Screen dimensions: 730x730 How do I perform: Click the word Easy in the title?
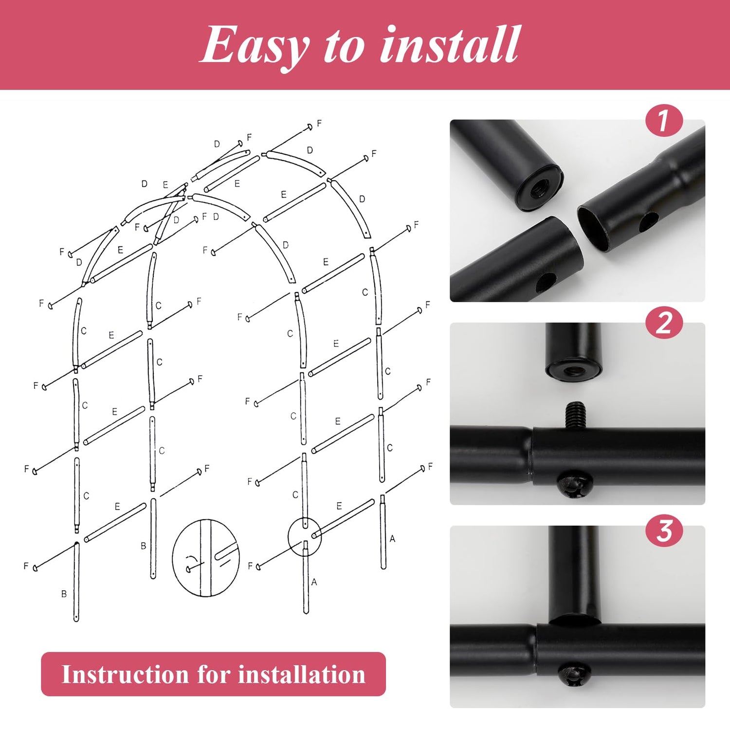(255, 45)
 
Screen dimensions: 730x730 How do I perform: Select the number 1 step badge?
(664, 121)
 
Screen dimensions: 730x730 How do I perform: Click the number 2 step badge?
(664, 324)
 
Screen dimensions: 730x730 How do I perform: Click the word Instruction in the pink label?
(124, 675)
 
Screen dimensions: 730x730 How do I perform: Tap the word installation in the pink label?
(302, 675)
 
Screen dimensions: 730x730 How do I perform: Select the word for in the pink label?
(213, 675)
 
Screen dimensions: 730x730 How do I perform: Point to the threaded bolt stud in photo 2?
(575, 415)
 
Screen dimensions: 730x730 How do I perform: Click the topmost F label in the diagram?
(319, 123)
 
